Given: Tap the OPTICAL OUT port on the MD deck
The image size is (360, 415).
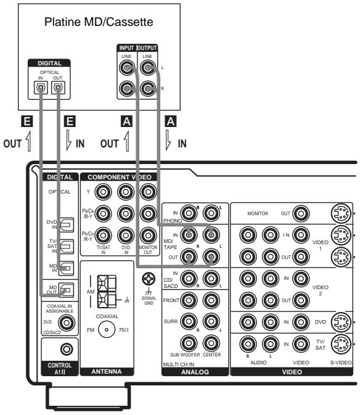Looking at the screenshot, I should point(58,88).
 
